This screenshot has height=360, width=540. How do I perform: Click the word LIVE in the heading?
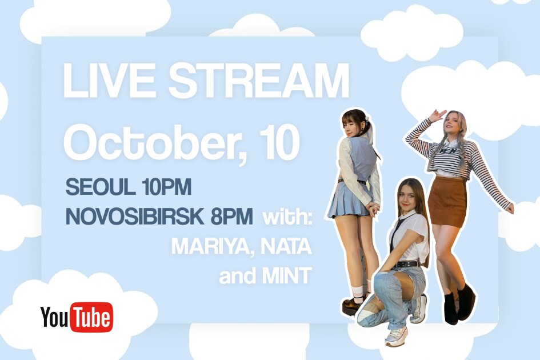tap(109, 80)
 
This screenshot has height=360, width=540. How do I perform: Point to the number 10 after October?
tap(279, 141)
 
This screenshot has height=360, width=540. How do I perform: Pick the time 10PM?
tap(166, 187)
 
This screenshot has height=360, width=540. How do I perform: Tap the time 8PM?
tap(231, 216)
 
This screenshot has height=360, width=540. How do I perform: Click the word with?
tap(287, 217)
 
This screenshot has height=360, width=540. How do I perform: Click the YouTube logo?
tap(77, 317)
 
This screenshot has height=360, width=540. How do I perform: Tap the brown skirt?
tap(447, 202)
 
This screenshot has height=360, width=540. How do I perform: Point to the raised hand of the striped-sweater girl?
tap(436, 115)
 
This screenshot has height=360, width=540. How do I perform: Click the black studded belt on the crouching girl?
tap(407, 264)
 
